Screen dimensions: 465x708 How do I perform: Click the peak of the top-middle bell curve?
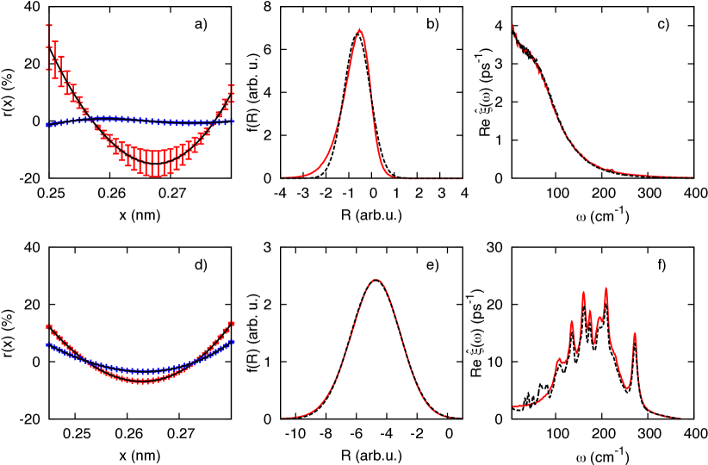(359, 30)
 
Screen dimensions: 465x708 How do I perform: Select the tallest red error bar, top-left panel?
(49, 47)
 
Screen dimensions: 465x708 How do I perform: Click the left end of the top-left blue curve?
(48, 124)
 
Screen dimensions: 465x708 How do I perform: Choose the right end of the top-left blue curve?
(233, 121)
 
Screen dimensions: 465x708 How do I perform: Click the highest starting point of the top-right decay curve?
(513, 24)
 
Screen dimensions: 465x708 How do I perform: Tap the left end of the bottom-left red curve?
(49, 326)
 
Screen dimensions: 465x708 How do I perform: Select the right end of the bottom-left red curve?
(232, 325)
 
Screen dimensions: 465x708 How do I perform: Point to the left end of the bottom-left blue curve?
(48, 344)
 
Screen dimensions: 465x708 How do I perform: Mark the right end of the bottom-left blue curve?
(233, 342)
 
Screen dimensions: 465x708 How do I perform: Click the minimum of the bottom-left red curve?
(143, 380)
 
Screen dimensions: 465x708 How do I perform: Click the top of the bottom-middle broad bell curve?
(376, 279)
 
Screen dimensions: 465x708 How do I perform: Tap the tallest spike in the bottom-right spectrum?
(606, 288)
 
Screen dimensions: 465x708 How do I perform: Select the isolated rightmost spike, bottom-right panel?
(635, 333)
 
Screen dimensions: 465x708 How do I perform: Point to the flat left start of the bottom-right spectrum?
(517, 406)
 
